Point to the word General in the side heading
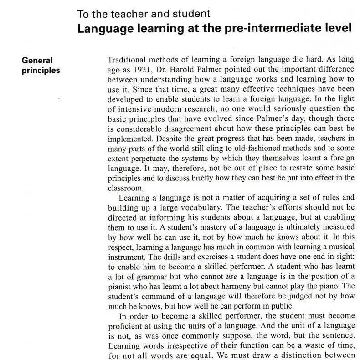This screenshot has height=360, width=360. click(37, 60)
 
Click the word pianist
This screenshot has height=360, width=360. click(122, 286)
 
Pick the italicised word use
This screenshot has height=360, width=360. click(231, 276)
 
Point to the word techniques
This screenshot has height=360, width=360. click(290, 89)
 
